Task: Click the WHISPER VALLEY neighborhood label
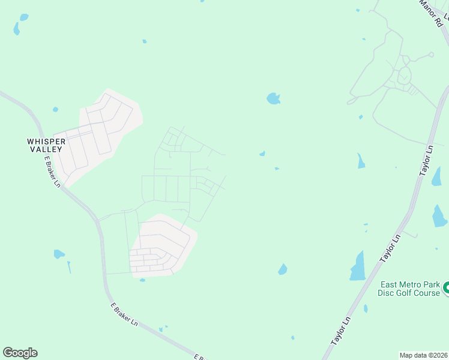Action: coord(45,145)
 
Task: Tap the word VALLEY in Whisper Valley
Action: coord(45,149)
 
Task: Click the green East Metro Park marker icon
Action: coord(446,289)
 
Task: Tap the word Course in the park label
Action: coord(427,293)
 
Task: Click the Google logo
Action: coord(20,353)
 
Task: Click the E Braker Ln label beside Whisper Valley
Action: coord(52,171)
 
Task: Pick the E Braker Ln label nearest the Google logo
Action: coord(124,314)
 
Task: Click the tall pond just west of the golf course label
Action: coord(358,266)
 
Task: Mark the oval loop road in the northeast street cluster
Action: coord(404,76)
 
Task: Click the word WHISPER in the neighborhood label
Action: coord(45,141)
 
